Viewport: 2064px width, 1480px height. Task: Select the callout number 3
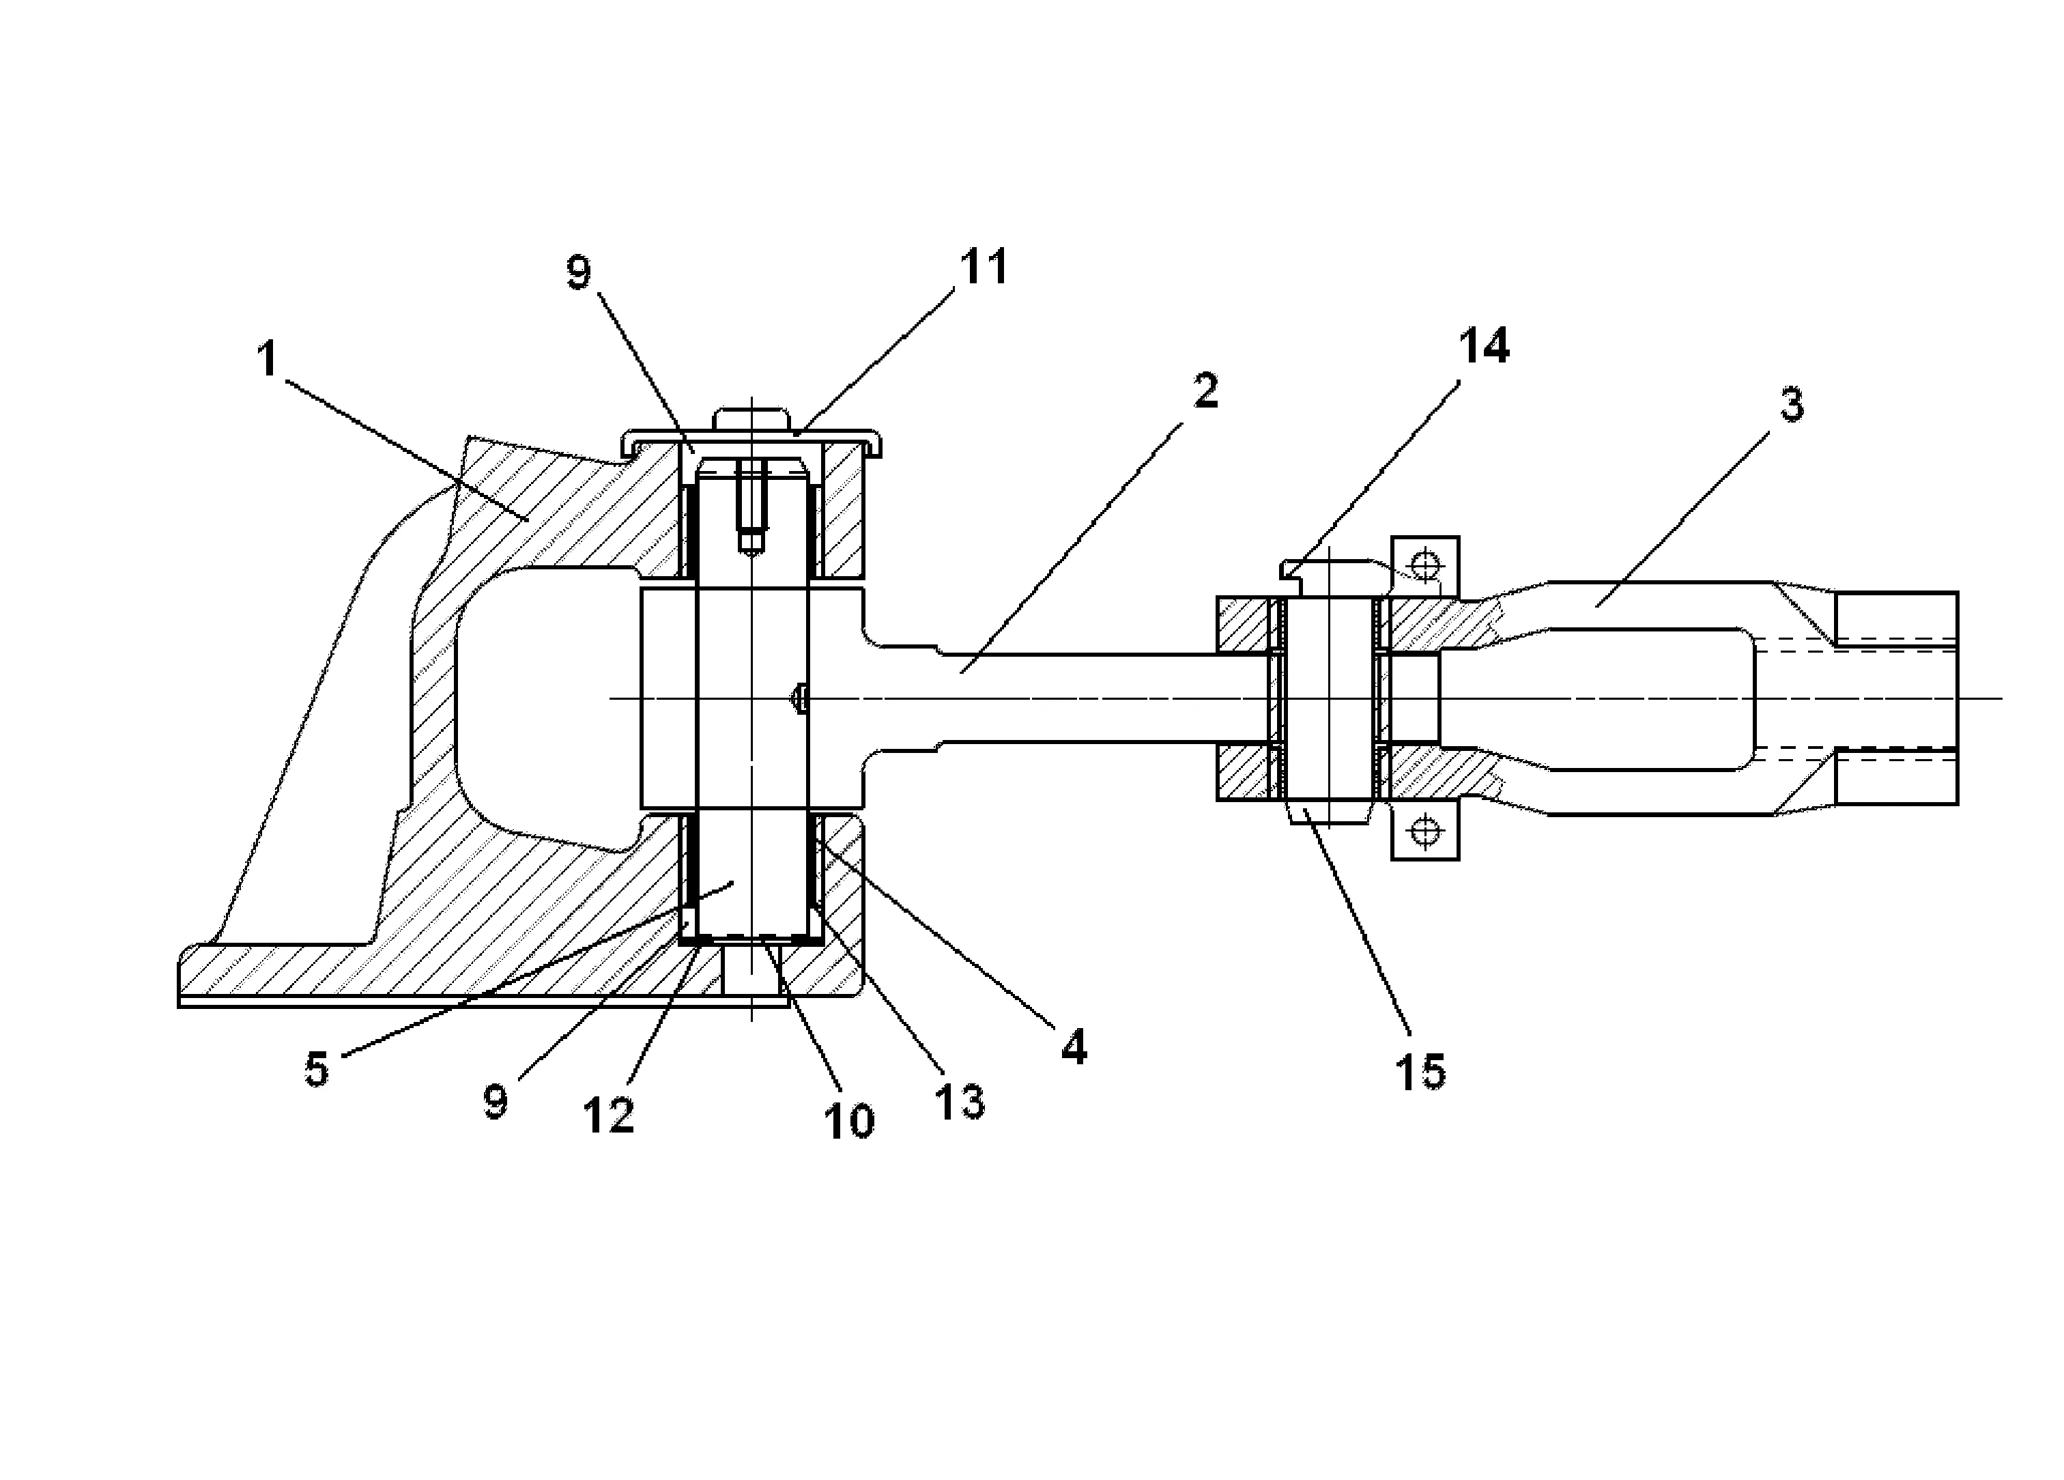click(1792, 404)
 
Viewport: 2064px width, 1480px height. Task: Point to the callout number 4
click(1074, 1048)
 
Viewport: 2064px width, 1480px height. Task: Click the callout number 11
click(984, 267)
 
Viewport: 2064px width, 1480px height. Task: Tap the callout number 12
click(608, 1114)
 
